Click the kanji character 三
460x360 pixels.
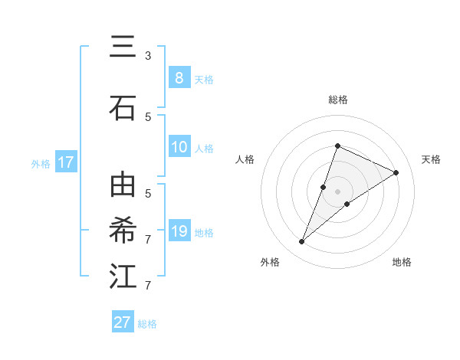[x=123, y=47]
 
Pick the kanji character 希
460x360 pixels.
[x=123, y=231]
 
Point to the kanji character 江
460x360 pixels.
[x=123, y=276]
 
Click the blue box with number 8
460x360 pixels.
[x=179, y=77]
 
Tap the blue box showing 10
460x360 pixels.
[x=179, y=147]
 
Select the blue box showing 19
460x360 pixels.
[x=179, y=231]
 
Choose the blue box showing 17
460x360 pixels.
[x=65, y=162]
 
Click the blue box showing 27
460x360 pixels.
[x=123, y=322]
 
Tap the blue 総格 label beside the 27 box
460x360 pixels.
[x=147, y=324]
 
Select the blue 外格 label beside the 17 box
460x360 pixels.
[x=41, y=163]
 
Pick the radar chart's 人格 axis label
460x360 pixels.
[x=245, y=159]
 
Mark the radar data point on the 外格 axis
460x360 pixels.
[x=301, y=242]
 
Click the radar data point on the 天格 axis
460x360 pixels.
[x=396, y=172]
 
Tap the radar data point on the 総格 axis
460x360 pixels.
[x=337, y=146]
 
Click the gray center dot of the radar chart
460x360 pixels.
[x=337, y=191]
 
